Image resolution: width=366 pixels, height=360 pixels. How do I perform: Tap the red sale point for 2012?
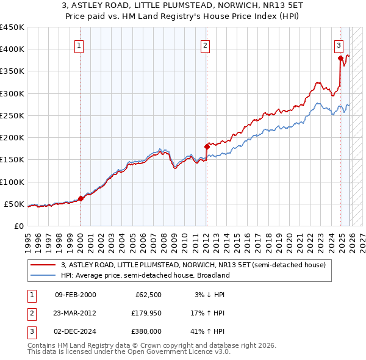click(206, 146)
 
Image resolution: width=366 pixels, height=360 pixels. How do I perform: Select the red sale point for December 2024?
click(340, 58)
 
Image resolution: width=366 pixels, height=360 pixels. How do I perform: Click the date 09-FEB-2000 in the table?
click(75, 295)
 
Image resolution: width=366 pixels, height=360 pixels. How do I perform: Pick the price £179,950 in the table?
click(145, 313)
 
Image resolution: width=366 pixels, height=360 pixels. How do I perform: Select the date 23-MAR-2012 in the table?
click(75, 313)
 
